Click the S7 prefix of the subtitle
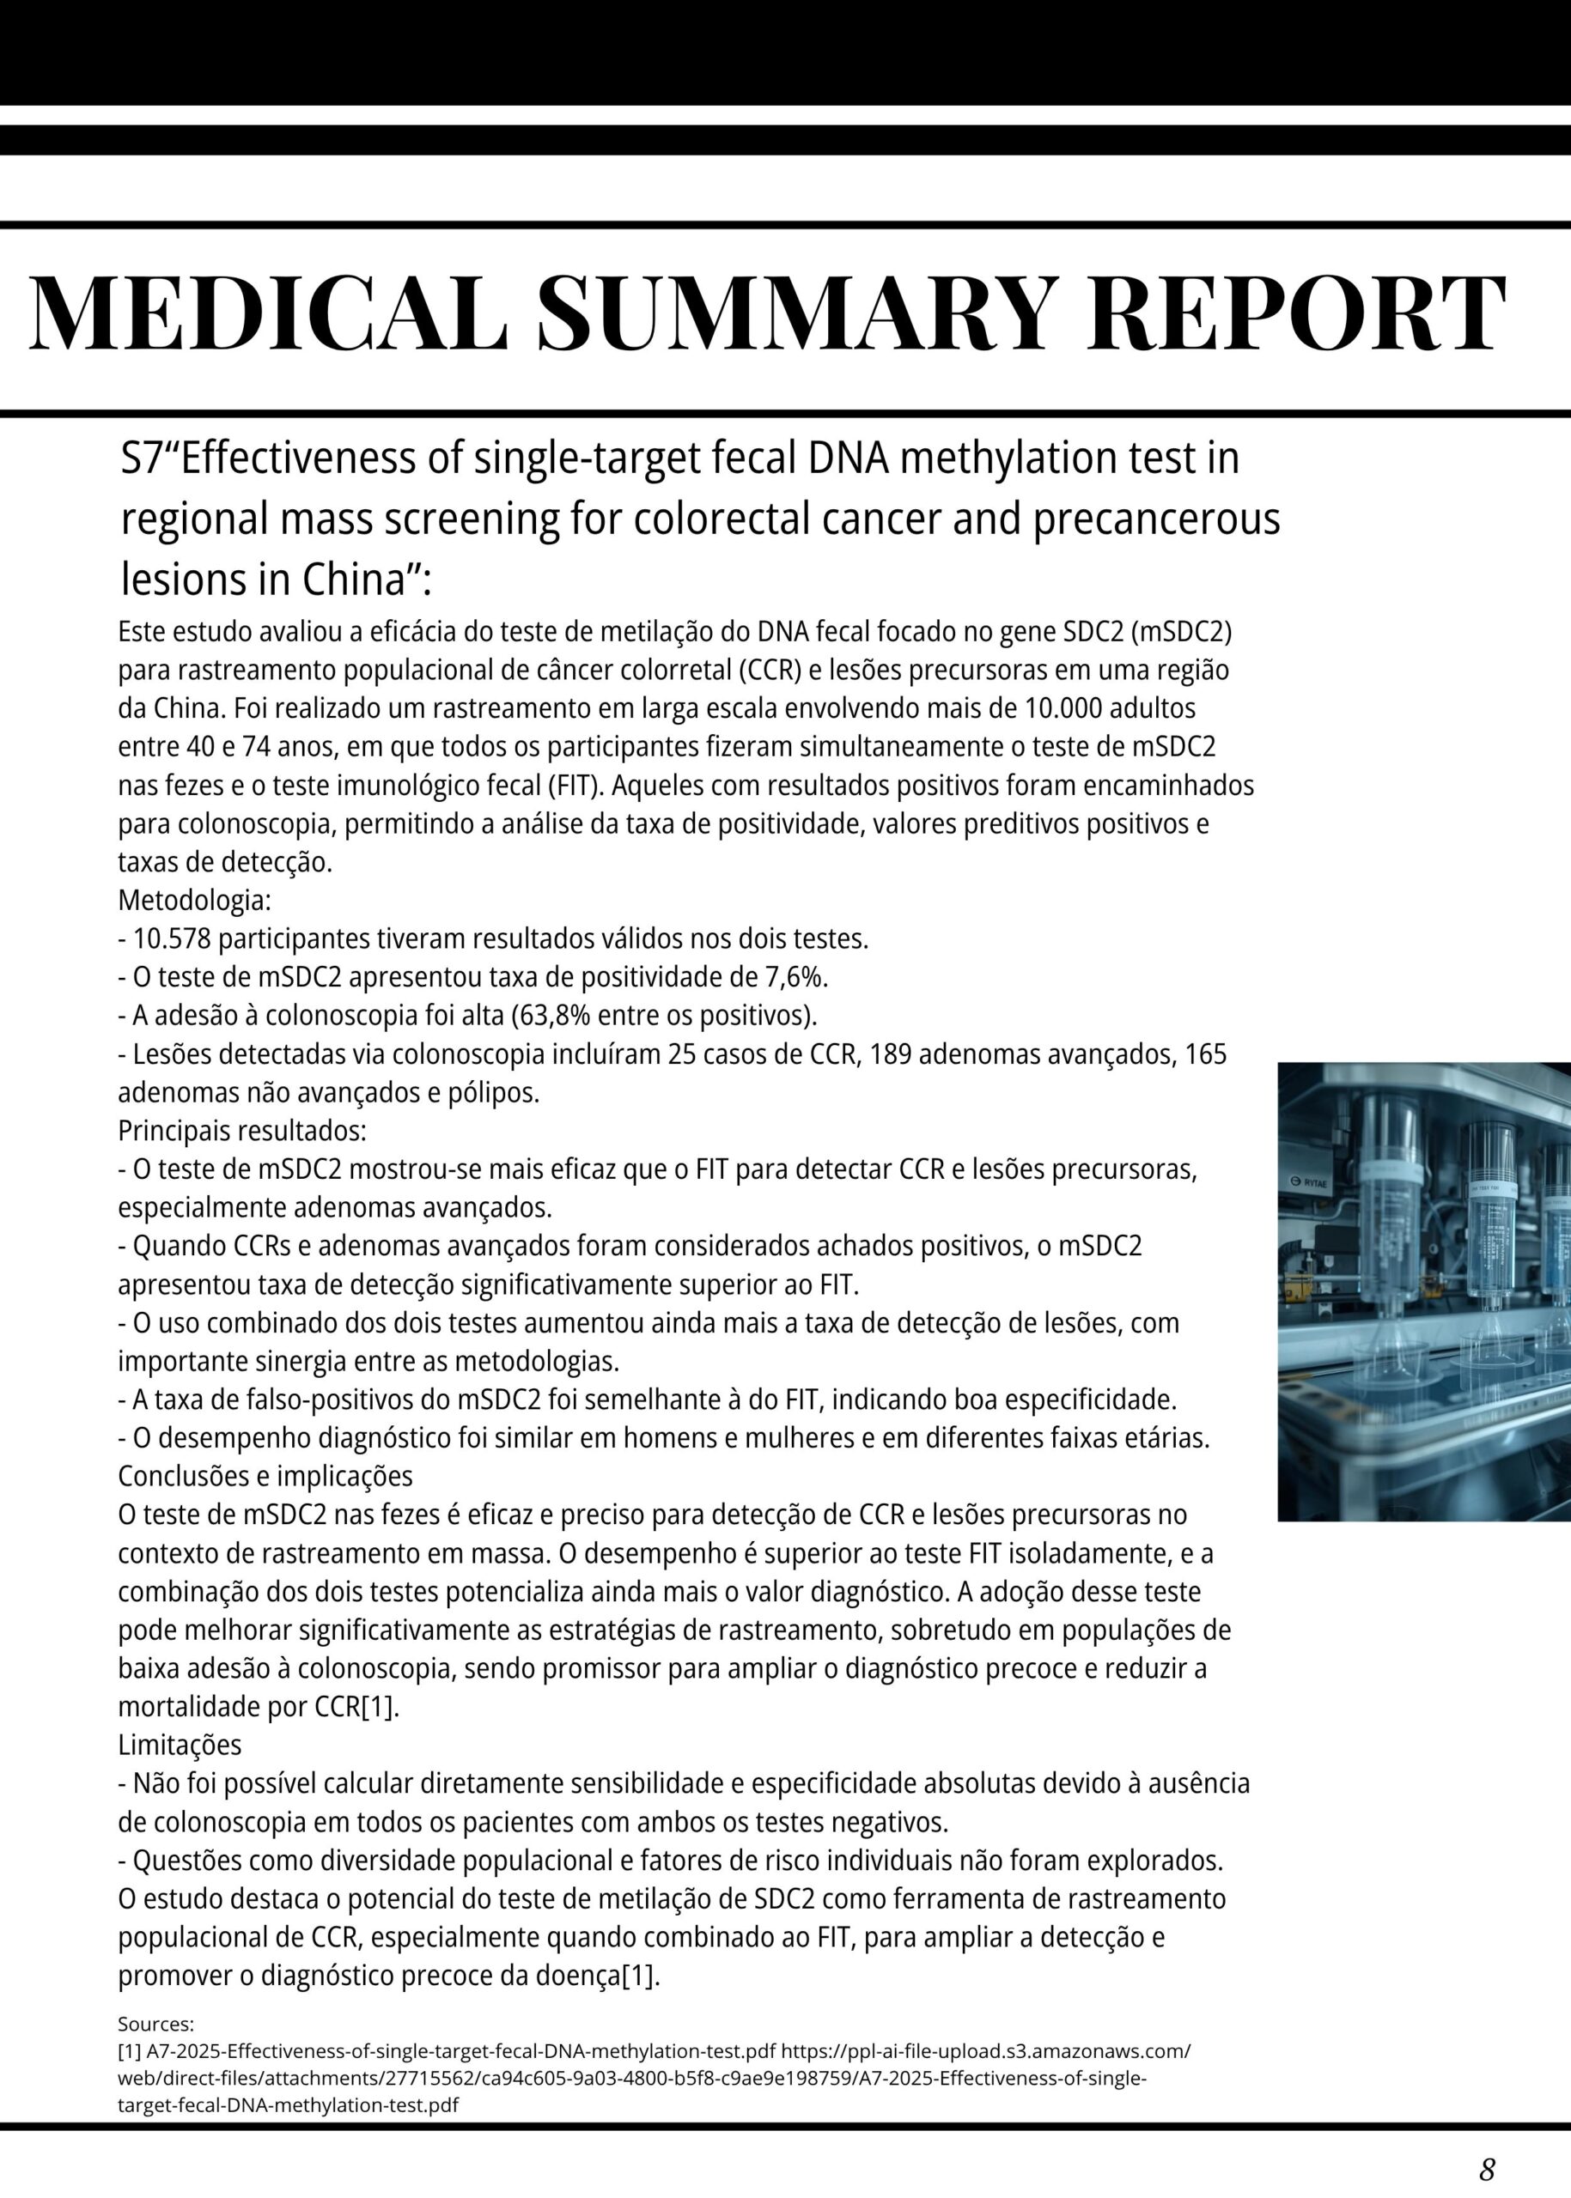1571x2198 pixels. [138, 459]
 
